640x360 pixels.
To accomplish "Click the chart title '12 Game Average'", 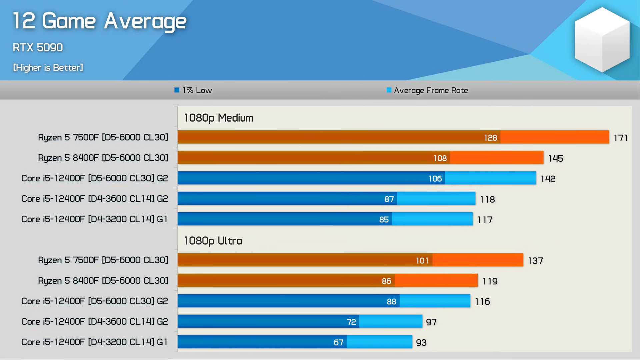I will point(99,21).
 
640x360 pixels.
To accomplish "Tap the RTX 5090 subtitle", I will point(38,47).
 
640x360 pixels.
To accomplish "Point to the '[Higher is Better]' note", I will point(48,68).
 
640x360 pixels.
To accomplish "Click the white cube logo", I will point(602,39).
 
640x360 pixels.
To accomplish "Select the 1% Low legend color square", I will point(177,90).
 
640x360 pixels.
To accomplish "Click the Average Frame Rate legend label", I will point(431,90).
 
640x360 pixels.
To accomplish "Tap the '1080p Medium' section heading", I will point(219,118).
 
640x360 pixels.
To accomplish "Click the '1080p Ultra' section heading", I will point(213,241).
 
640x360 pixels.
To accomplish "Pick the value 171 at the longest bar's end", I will point(621,138).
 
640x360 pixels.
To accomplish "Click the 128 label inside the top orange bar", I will point(490,138).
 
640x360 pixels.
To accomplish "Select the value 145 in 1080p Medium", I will point(555,158).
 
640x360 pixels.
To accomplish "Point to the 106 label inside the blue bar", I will point(435,179).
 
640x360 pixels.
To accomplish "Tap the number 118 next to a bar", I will point(487,199).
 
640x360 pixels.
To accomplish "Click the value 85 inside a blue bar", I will point(384,220).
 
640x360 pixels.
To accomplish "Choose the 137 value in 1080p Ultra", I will point(535,261).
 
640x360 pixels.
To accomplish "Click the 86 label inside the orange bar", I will point(386,281).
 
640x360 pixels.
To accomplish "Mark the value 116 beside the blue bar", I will point(482,302).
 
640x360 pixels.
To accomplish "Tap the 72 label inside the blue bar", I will point(351,322).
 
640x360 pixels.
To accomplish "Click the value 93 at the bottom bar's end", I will point(421,343).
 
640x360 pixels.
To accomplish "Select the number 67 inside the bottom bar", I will point(338,342).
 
